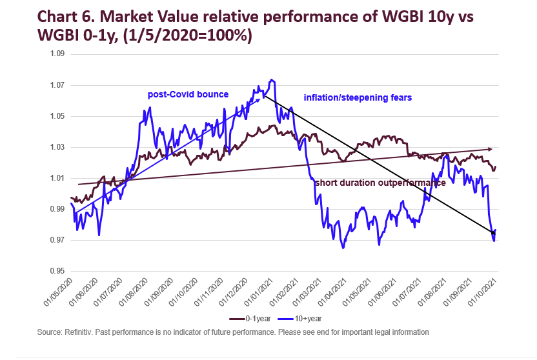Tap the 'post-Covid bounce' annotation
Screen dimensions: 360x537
(x=188, y=95)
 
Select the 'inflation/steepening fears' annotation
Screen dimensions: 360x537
(x=358, y=97)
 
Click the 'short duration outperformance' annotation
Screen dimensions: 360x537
(x=380, y=183)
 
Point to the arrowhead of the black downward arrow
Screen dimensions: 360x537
(x=492, y=232)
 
